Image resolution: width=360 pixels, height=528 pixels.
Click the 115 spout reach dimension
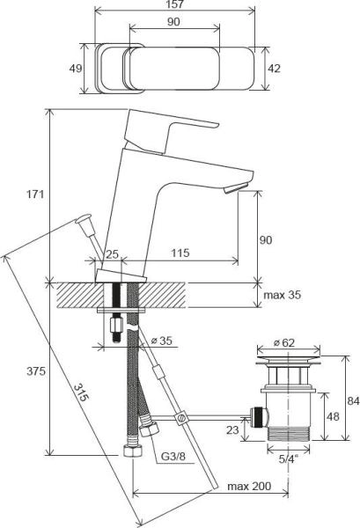coord(180,254)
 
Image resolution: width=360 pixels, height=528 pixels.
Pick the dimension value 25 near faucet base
coord(112,254)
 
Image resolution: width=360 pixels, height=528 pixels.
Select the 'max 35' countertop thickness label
coord(282,295)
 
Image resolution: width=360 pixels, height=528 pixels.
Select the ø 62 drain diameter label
coord(285,342)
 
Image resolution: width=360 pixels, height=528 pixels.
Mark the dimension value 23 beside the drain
coord(230,430)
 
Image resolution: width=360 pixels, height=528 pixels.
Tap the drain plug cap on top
coord(285,359)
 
